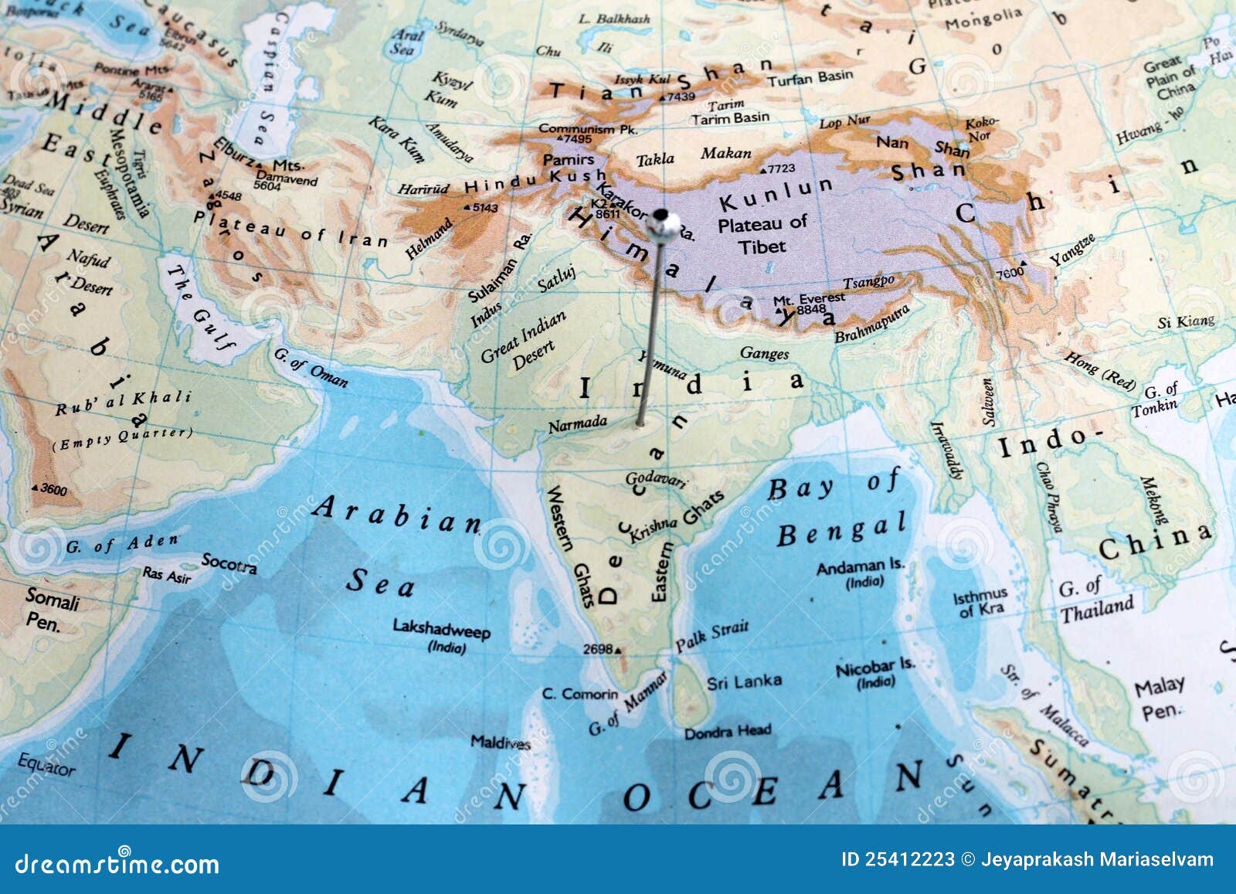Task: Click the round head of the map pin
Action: click(x=664, y=224)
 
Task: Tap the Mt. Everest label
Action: click(x=809, y=299)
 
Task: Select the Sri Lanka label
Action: click(x=744, y=682)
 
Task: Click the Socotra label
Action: click(x=229, y=563)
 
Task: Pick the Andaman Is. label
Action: click(x=860, y=567)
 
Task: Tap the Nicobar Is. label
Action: click(x=875, y=667)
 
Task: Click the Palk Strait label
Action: click(x=711, y=636)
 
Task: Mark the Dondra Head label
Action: click(x=728, y=730)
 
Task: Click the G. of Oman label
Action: click(x=311, y=368)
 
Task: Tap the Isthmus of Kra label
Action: click(x=980, y=601)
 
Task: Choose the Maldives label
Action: click(x=501, y=743)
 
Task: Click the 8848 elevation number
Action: click(x=811, y=310)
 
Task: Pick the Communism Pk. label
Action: click(x=587, y=128)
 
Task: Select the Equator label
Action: click(x=46, y=765)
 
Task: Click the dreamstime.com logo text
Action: click(x=117, y=863)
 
